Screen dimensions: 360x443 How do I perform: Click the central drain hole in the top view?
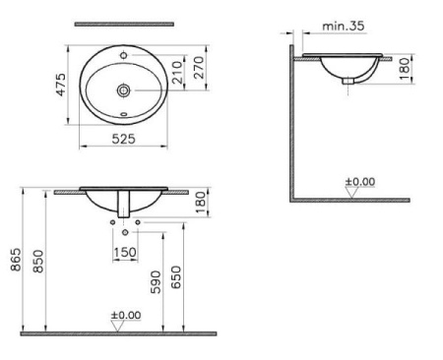[x=124, y=90]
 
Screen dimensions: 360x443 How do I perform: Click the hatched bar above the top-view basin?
[x=124, y=23]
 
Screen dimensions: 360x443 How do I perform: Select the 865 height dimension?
[x=14, y=262]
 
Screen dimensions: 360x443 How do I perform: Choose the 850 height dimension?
[x=38, y=262]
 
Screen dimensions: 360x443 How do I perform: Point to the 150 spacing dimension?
[x=125, y=252]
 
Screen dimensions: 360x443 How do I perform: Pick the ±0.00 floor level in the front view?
[x=124, y=317]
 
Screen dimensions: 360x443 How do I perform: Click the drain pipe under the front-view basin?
[x=124, y=206]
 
